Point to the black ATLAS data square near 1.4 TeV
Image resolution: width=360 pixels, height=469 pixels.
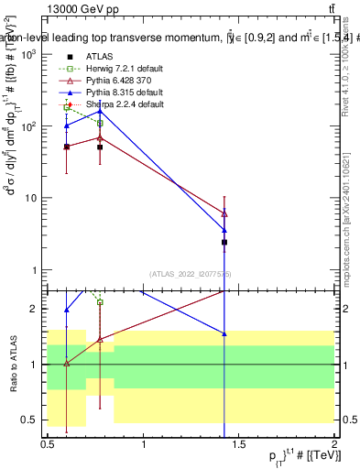click(x=224, y=243)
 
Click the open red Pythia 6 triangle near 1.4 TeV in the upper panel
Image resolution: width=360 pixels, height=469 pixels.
click(x=224, y=213)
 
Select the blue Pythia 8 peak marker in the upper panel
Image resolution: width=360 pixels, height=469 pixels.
click(x=100, y=111)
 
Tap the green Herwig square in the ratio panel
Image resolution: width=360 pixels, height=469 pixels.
click(x=100, y=301)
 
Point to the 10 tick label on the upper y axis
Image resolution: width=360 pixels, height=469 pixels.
click(x=30, y=199)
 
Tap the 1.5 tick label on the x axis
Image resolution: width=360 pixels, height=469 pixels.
click(x=239, y=443)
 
